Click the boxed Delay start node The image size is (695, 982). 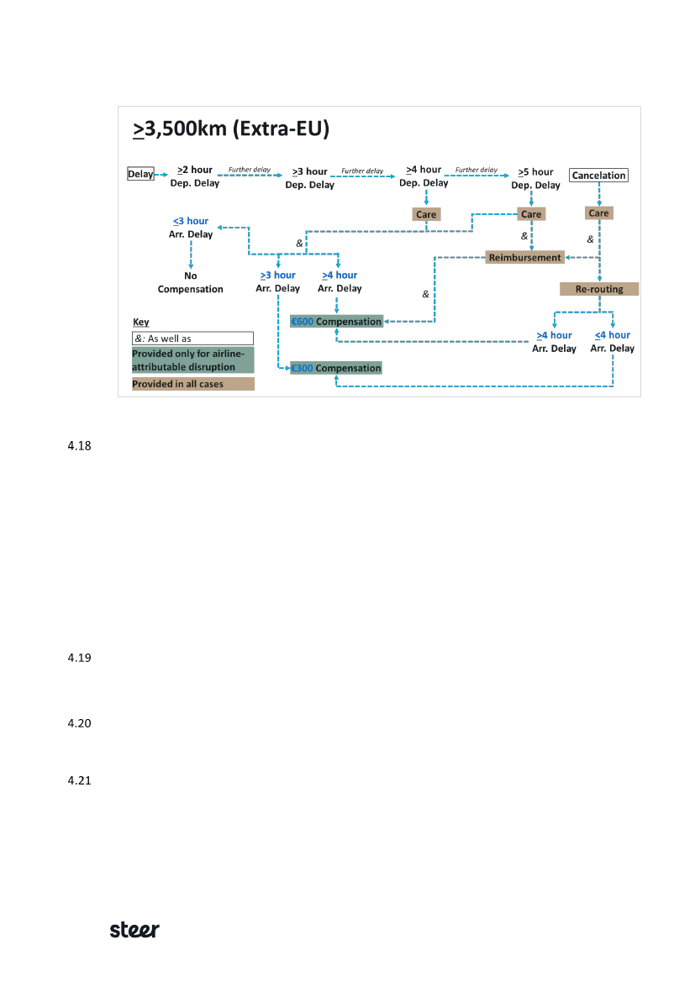pos(140,175)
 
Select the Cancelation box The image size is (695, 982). pos(598,176)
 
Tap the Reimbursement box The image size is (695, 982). pos(524,258)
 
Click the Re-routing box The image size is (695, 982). pos(599,289)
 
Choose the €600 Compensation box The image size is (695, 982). pos(336,322)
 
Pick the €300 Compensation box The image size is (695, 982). pos(336,368)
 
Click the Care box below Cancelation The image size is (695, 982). pos(598,213)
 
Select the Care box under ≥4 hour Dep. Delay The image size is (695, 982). pos(426,214)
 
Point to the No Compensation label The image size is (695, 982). pos(191,282)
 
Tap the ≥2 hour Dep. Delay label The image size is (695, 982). pos(195,176)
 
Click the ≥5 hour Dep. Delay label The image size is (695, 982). pos(536,178)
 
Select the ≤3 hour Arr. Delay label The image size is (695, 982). pos(191,228)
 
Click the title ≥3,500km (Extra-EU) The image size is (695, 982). pos(230,129)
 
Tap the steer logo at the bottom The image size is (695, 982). pos(134,930)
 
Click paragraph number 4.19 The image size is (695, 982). pos(78,658)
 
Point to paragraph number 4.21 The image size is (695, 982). pos(78,780)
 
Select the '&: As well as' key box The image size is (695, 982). pos(192,339)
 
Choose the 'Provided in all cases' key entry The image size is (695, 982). pos(192,384)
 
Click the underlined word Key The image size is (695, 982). pos(140,323)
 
